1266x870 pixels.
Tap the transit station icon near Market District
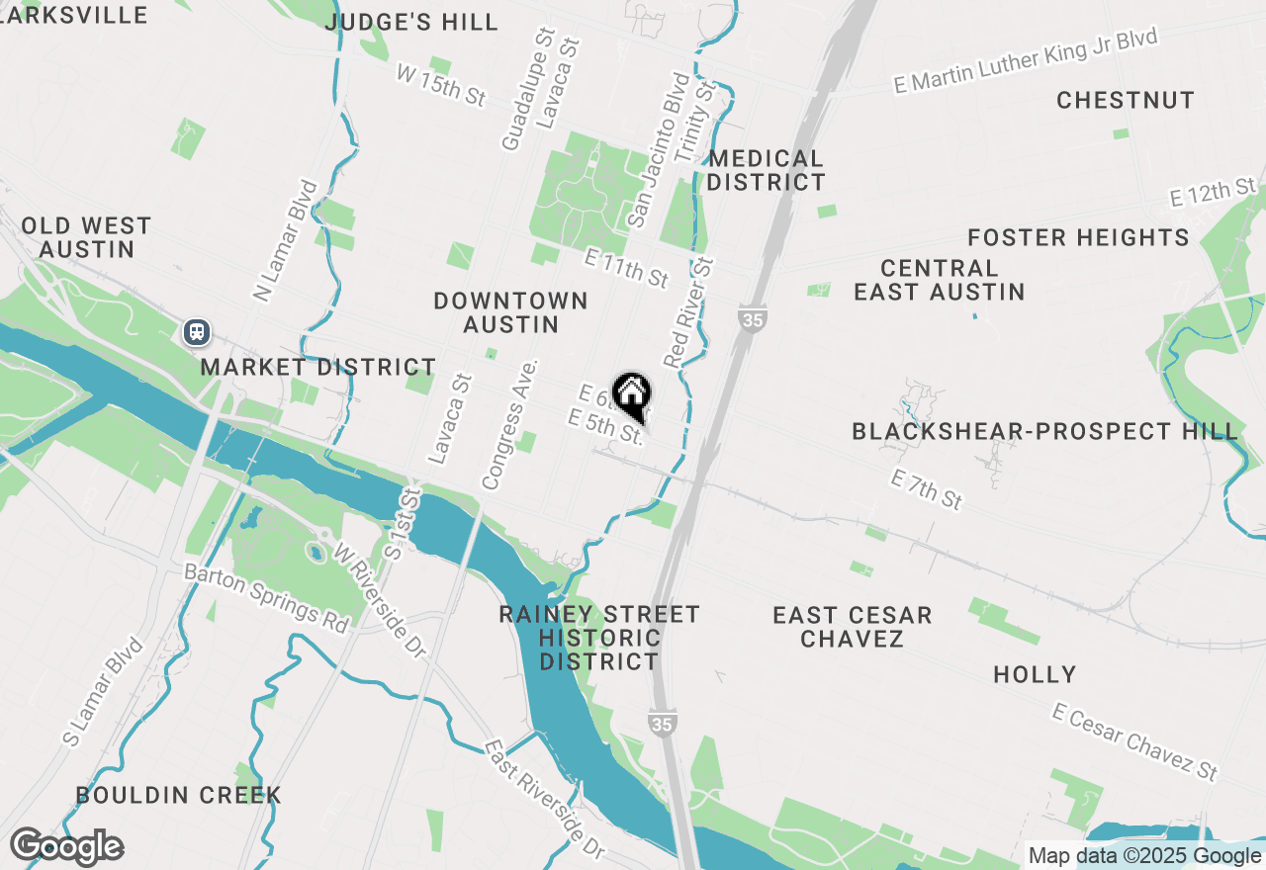[198, 331]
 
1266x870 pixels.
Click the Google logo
[66, 846]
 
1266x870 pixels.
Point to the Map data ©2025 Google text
[1144, 856]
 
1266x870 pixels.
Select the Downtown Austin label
[510, 312]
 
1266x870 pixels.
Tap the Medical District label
[766, 170]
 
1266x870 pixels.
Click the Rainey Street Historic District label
[599, 638]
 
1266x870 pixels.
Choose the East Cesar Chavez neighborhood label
[853, 627]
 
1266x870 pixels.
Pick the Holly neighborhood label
[1035, 674]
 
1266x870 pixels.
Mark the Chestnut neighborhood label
[1126, 100]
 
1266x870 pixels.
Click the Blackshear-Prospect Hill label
[1044, 431]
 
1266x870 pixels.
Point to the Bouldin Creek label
[179, 795]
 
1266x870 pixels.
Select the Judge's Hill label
[411, 22]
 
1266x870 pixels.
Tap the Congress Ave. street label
[509, 424]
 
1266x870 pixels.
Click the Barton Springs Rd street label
[267, 599]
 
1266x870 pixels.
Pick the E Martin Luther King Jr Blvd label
[1025, 61]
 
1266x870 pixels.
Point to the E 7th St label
[926, 489]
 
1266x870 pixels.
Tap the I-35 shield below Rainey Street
[663, 725]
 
